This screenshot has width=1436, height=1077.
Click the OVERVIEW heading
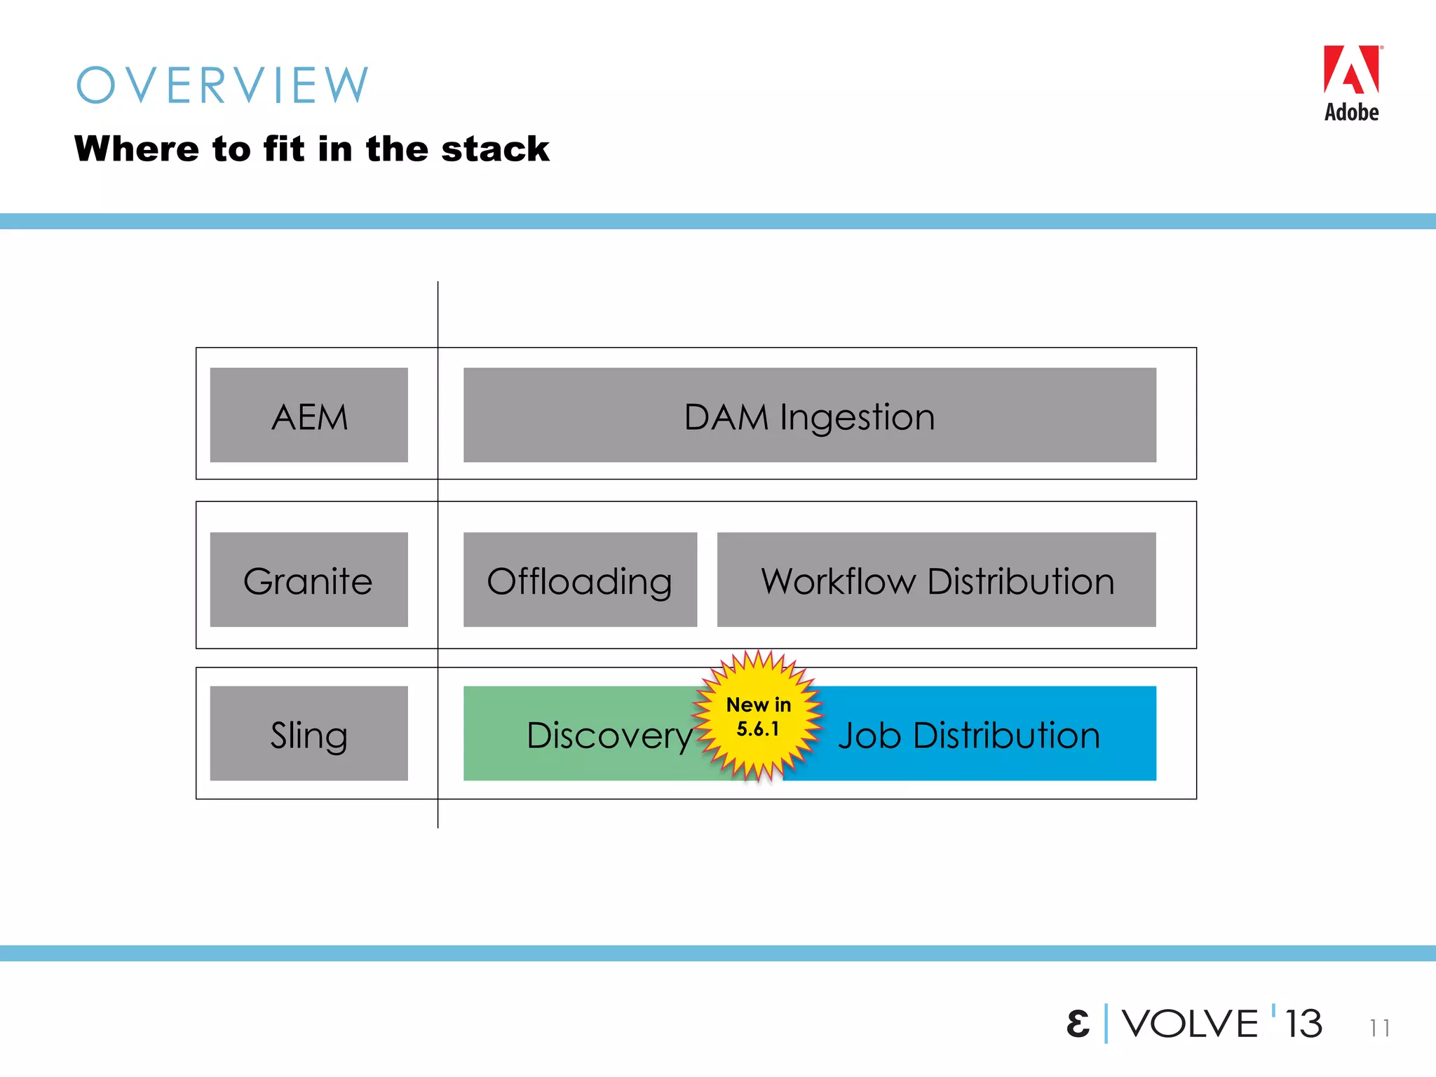coord(222,86)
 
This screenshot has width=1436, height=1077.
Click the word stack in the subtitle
coord(495,149)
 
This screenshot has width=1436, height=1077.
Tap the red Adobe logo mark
coord(1351,70)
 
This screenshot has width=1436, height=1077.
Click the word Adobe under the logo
coord(1351,113)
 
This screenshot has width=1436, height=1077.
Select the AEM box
coord(309,415)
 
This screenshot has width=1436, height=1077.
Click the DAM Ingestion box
coord(809,415)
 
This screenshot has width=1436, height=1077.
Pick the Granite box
coord(309,580)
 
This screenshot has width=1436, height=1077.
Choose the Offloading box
coord(580,580)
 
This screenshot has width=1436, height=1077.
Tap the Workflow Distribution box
coord(936,580)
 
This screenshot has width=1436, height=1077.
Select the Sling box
coord(309,733)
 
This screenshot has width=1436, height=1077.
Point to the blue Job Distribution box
coord(982,733)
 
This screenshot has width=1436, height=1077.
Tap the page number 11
coord(1379,1028)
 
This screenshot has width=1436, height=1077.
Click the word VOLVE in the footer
coord(1190,1024)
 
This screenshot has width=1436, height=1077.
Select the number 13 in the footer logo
coord(1303,1024)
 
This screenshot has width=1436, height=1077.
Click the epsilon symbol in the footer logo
coord(1078,1024)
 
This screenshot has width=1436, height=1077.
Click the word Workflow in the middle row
coord(839,581)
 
